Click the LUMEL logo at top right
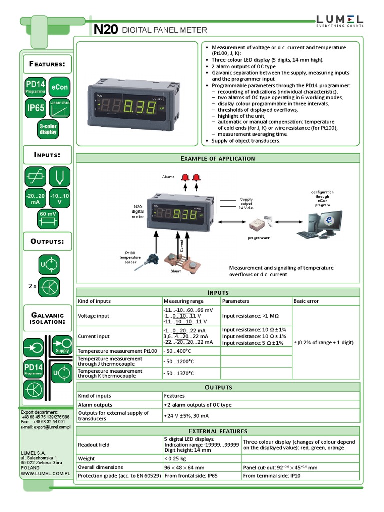(x=339, y=20)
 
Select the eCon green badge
(x=59, y=87)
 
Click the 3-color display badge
(x=48, y=129)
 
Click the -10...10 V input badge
(x=60, y=199)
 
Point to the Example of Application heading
(x=217, y=158)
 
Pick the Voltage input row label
(x=94, y=316)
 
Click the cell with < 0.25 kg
(x=175, y=458)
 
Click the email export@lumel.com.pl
(x=46, y=427)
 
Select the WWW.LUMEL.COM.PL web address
(x=45, y=472)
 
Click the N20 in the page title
(x=106, y=30)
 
